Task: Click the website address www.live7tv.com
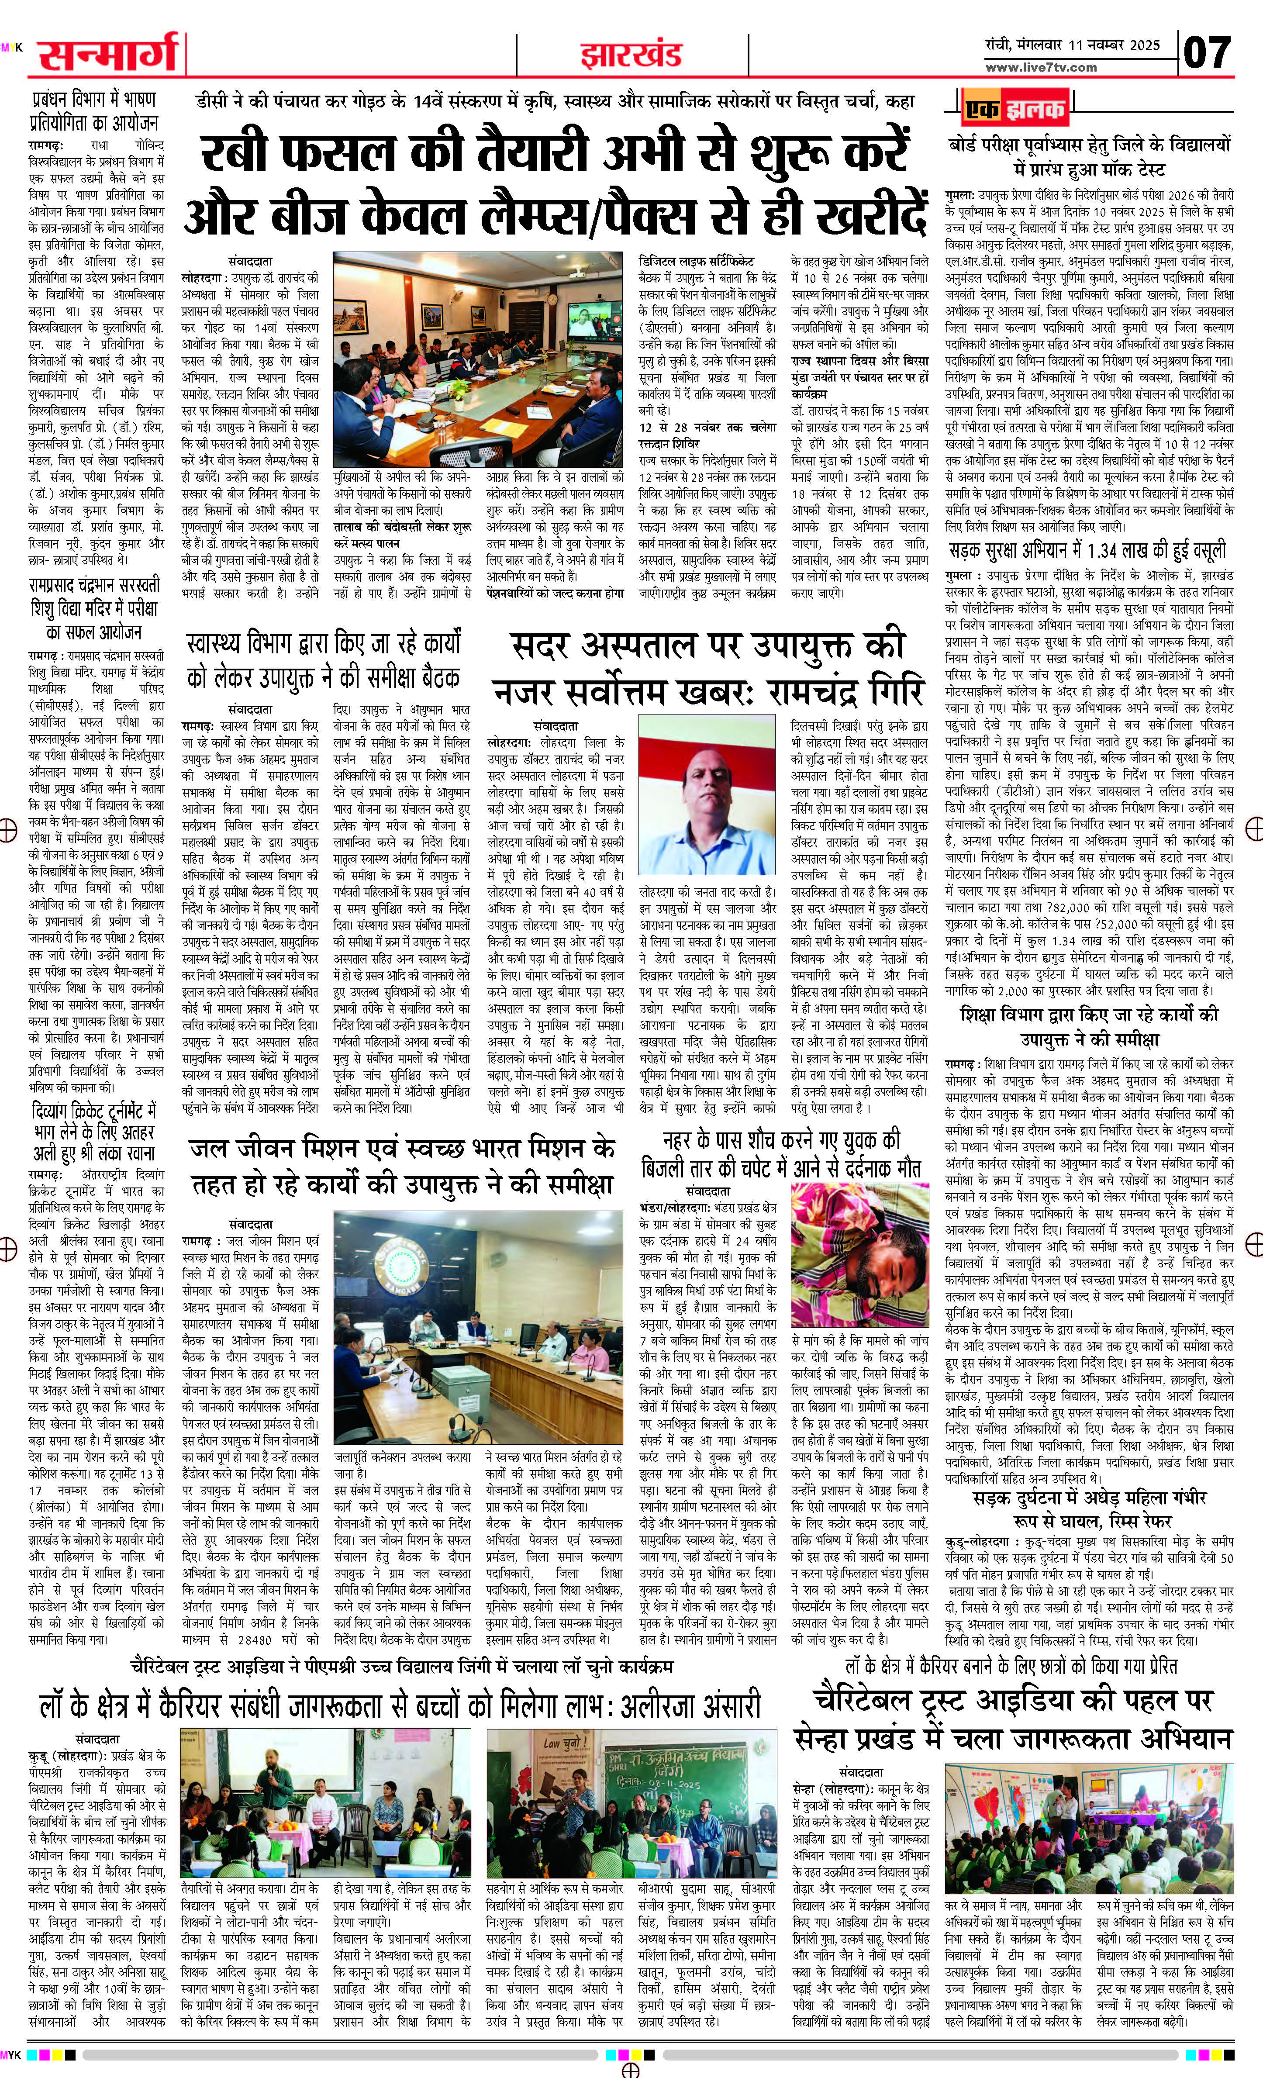point(1041,67)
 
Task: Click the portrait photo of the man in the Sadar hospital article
point(710,801)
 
